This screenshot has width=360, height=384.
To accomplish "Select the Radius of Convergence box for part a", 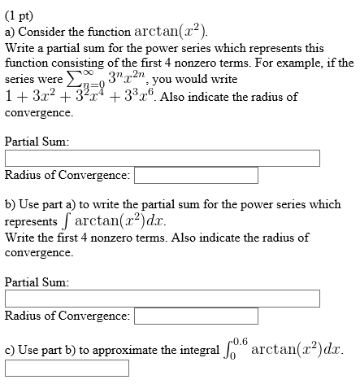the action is [x=196, y=176].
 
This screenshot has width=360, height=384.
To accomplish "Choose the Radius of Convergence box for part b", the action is [x=196, y=316].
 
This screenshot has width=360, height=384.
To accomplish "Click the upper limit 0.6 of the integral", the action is [x=240, y=343].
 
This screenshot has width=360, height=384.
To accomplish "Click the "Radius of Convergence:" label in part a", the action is [x=67, y=175].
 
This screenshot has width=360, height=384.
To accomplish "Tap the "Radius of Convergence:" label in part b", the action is [x=67, y=316].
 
